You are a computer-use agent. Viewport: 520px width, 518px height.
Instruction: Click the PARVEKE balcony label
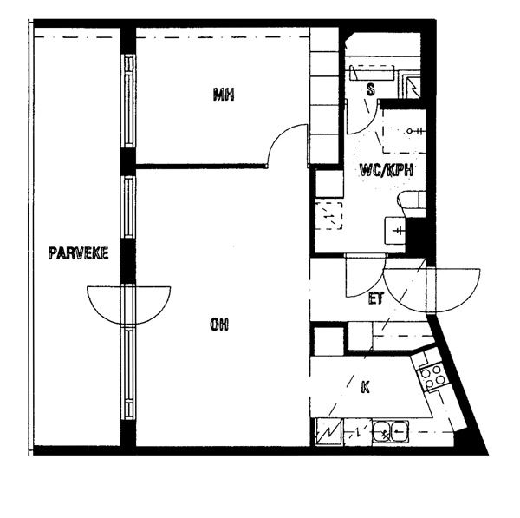click(x=78, y=253)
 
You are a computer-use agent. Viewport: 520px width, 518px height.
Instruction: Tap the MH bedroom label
click(x=224, y=94)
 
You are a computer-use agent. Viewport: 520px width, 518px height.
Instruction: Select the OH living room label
click(x=219, y=325)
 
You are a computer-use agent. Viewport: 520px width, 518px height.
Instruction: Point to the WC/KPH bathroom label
click(x=387, y=170)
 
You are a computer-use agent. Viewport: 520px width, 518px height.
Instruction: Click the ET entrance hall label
click(x=376, y=298)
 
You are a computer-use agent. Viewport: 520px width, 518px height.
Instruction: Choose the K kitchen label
click(x=365, y=387)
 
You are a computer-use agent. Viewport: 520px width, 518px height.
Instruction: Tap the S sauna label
click(x=370, y=89)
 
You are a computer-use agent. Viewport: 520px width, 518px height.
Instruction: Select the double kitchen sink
click(x=390, y=432)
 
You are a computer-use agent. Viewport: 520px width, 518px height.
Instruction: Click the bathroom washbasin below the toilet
click(x=395, y=231)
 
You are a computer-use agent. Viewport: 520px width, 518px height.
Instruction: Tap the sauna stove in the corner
click(x=412, y=85)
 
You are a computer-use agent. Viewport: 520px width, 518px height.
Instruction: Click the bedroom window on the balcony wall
click(x=128, y=101)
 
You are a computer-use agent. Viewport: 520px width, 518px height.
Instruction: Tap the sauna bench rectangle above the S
click(x=372, y=73)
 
